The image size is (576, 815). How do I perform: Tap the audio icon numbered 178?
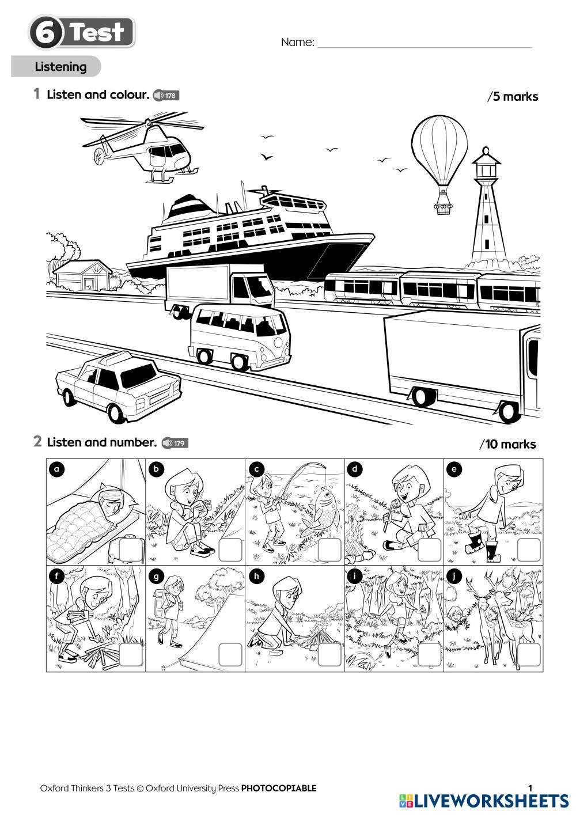click(166, 96)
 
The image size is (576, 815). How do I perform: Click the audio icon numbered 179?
click(175, 443)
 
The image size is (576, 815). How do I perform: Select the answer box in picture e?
click(528, 550)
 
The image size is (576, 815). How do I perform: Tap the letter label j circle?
click(454, 575)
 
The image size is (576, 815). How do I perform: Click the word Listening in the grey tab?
click(60, 67)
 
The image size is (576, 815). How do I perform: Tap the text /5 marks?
click(513, 97)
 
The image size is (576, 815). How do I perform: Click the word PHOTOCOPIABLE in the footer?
click(278, 788)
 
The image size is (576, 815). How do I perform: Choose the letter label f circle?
click(56, 575)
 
